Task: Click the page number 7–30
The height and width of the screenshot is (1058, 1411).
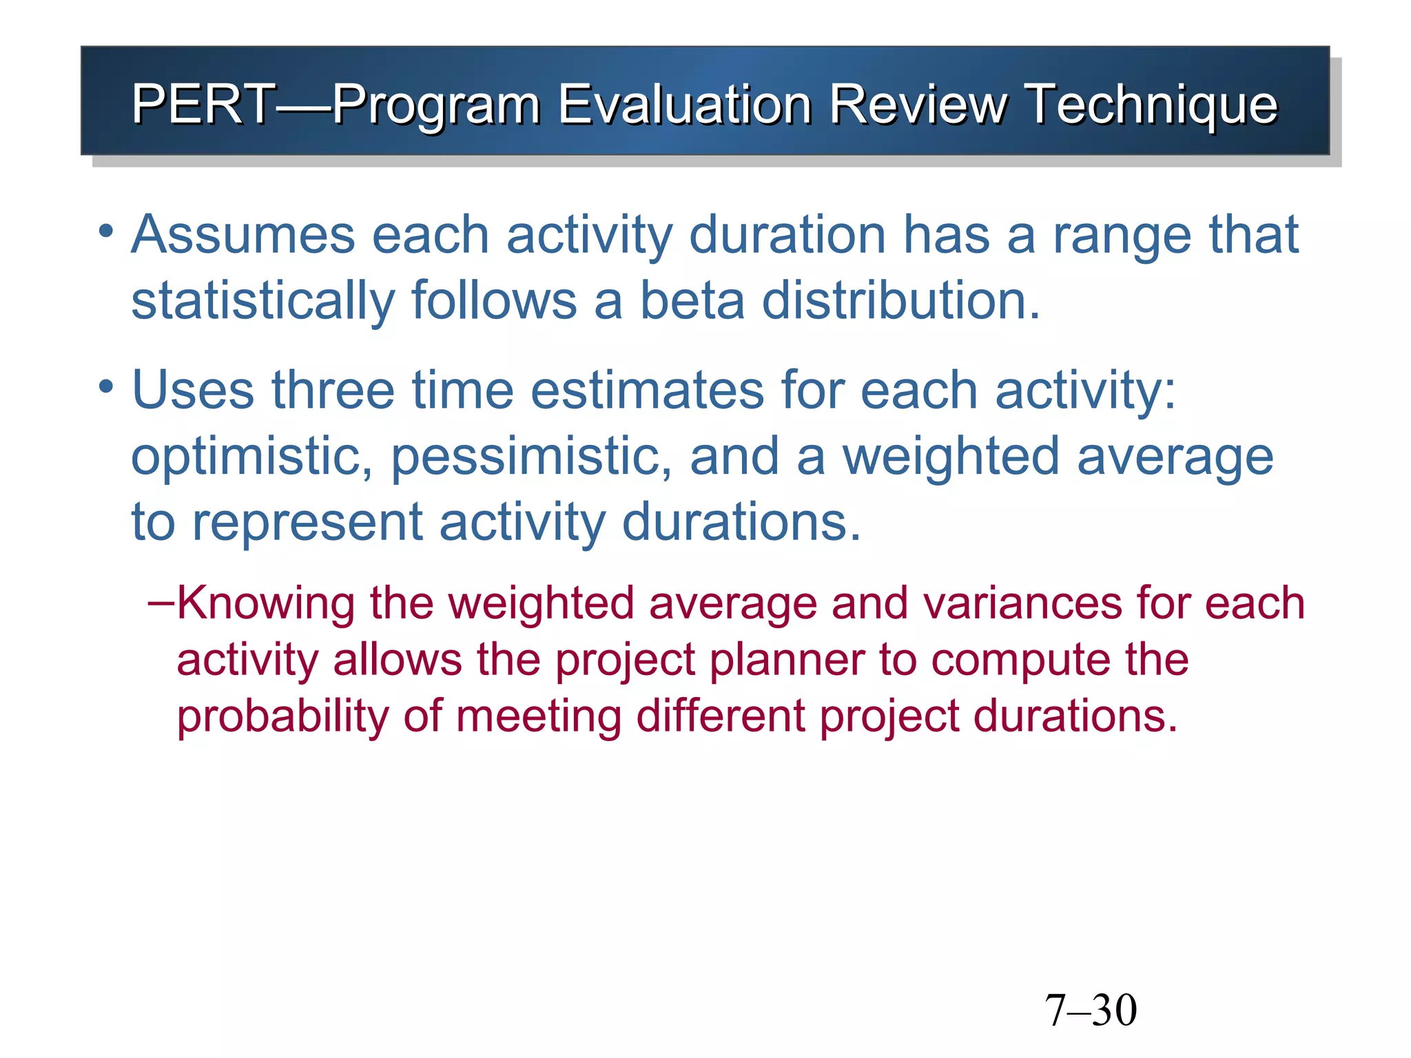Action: [x=1091, y=1010]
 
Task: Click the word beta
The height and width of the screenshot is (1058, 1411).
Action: [x=692, y=301]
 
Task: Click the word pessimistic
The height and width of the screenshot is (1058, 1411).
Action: [x=531, y=457]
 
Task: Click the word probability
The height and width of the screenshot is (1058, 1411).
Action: [x=282, y=716]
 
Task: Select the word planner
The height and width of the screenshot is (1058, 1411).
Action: [x=787, y=661]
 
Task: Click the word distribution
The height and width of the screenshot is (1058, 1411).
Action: [x=900, y=301]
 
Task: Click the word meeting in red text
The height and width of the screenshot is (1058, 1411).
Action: [x=538, y=716]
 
